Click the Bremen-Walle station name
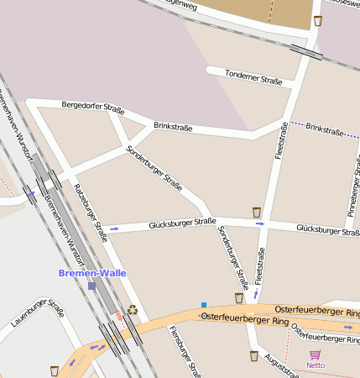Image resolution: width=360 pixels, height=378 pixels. (x=92, y=273)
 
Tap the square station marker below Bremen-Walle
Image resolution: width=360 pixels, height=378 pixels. (x=91, y=286)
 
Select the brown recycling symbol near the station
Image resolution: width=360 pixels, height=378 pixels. (x=132, y=310)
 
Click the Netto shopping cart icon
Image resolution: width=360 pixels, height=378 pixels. (x=316, y=354)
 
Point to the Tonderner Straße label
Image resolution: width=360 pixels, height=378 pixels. (x=253, y=77)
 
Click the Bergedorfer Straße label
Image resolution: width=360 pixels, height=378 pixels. (x=93, y=107)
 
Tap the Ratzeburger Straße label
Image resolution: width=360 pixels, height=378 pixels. (x=91, y=212)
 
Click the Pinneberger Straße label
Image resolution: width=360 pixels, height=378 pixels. (x=353, y=184)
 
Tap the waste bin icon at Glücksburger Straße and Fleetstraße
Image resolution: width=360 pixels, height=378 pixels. (x=257, y=212)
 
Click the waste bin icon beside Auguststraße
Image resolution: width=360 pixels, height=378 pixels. (x=253, y=356)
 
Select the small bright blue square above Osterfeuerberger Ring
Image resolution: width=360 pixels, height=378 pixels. (x=204, y=304)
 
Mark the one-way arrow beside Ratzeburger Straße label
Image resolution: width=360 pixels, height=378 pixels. (x=114, y=228)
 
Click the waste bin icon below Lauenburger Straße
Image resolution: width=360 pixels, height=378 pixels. (x=55, y=370)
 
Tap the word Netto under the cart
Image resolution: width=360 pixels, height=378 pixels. (x=316, y=365)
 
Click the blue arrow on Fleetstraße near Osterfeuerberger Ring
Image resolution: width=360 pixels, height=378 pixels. (x=256, y=295)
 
